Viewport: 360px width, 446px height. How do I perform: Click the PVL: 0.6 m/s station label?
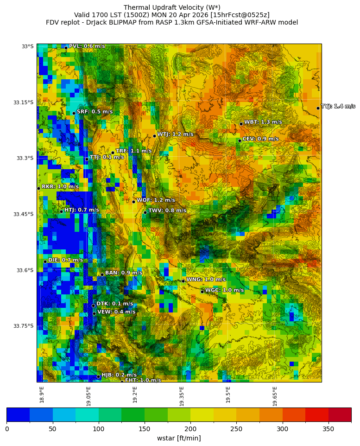click(x=87, y=46)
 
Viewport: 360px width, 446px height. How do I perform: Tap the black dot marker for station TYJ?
click(x=318, y=108)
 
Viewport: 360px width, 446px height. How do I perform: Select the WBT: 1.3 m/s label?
click(x=263, y=122)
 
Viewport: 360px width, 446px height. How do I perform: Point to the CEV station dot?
click(x=240, y=140)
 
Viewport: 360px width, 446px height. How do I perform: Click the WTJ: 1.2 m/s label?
click(x=175, y=134)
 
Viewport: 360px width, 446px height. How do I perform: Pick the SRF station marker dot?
click(x=74, y=113)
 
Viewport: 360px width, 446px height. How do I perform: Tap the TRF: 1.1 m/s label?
click(x=133, y=151)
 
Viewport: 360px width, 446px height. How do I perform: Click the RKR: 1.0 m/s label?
click(x=60, y=187)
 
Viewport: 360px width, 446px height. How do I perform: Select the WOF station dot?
click(x=133, y=202)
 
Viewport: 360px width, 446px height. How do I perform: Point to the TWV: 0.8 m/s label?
click(x=167, y=211)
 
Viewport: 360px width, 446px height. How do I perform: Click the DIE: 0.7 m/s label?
click(x=65, y=261)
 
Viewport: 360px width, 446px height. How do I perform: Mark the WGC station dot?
click(x=202, y=292)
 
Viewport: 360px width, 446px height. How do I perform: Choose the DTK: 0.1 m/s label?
click(x=114, y=304)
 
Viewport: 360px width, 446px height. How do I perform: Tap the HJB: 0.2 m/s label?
click(x=119, y=375)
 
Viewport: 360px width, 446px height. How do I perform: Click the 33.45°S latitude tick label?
click(x=23, y=214)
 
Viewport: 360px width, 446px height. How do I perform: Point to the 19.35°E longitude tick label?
click(x=182, y=396)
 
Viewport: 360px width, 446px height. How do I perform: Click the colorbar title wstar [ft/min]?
click(x=179, y=438)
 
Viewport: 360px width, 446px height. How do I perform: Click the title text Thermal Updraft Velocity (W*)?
click(x=172, y=7)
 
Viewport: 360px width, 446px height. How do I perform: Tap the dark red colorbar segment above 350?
click(x=340, y=414)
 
